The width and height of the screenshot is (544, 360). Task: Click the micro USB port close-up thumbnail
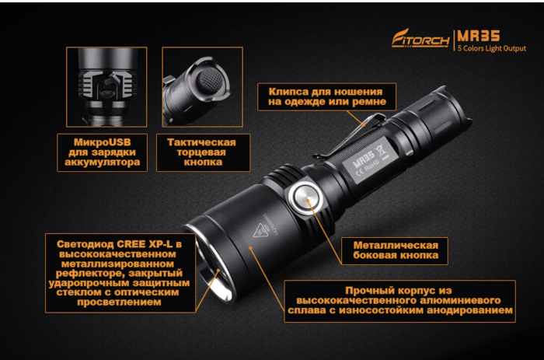click(106, 86)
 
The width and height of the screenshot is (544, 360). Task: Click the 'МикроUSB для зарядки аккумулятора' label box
click(99, 153)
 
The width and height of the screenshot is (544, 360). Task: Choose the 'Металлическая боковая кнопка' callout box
click(394, 249)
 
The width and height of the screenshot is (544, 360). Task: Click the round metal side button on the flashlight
click(304, 199)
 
